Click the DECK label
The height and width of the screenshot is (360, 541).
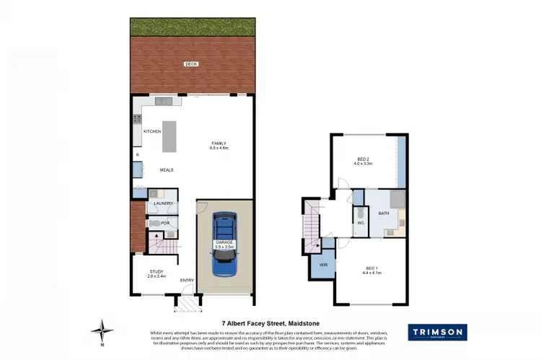pyautogui.click(x=190, y=64)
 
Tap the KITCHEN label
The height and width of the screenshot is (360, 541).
pyautogui.click(x=152, y=131)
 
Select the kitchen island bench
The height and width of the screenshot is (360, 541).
pyautogui.click(x=170, y=136)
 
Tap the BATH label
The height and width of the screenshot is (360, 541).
pyautogui.click(x=384, y=214)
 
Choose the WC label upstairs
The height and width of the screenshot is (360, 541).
pyautogui.click(x=360, y=223)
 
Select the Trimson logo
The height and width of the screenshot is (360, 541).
pyautogui.click(x=437, y=332)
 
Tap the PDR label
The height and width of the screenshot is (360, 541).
pyautogui.click(x=165, y=224)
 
